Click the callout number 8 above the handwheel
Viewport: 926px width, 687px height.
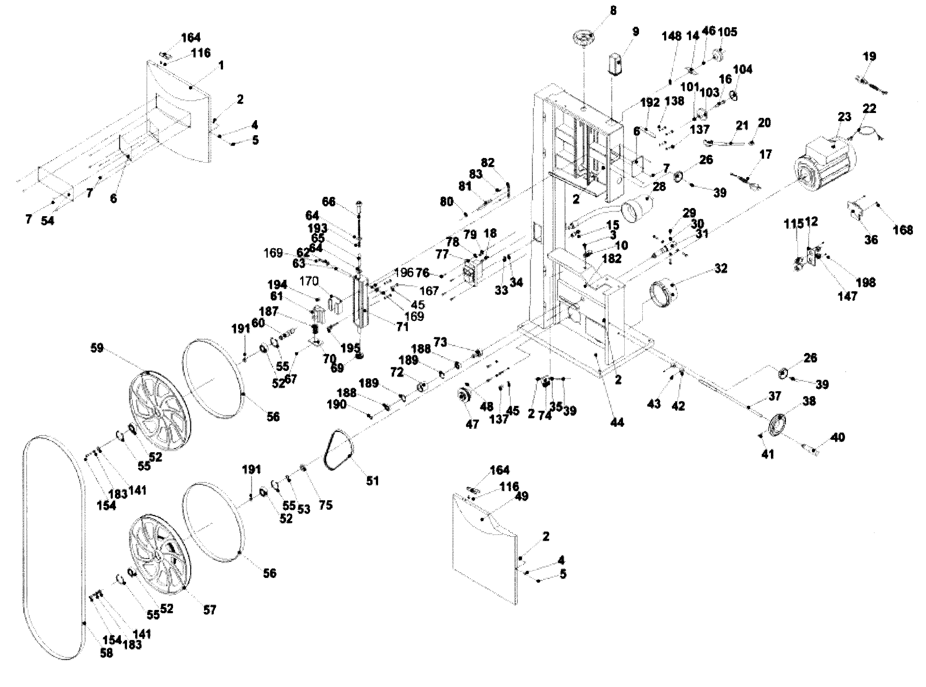tap(613, 10)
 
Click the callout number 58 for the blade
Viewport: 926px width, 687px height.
tap(106, 653)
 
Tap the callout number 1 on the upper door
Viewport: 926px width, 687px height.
tap(221, 65)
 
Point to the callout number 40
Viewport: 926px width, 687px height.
tap(838, 438)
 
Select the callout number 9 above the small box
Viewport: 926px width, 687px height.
tap(635, 32)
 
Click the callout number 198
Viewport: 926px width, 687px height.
tap(866, 283)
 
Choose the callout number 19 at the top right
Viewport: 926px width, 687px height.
tap(870, 56)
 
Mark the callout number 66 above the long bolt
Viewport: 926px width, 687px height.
tap(328, 202)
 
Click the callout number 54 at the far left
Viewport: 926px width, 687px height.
tap(47, 221)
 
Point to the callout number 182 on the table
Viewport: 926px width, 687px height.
tap(611, 258)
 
